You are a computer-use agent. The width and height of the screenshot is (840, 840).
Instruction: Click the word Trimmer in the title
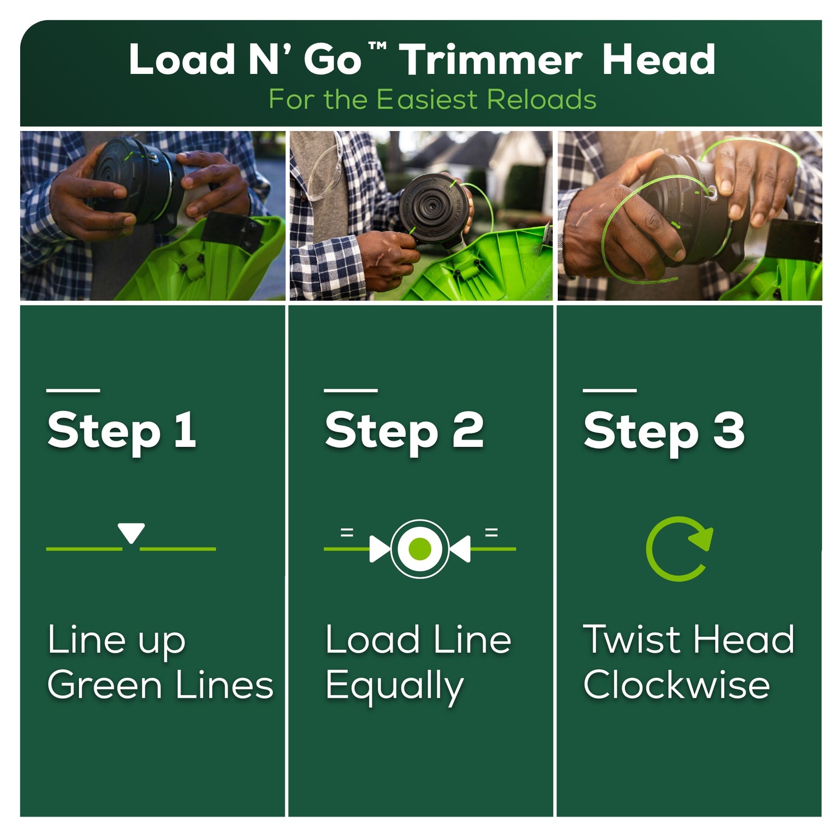(491, 59)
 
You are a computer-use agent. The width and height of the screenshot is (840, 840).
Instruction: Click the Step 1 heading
(122, 430)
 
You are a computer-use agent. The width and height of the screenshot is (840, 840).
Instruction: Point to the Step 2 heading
(404, 430)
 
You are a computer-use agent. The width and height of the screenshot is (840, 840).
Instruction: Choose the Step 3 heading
(664, 430)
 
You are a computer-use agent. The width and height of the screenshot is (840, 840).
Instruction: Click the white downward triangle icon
(131, 532)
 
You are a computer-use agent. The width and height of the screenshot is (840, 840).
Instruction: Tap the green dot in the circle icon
(420, 549)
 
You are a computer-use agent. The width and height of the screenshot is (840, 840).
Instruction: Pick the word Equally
(395, 687)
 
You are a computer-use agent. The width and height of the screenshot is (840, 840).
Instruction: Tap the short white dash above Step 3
(610, 390)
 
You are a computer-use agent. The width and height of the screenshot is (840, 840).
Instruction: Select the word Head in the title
(659, 59)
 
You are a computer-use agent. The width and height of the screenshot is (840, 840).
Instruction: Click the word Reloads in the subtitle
(542, 100)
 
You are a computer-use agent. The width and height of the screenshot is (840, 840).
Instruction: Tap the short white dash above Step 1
(73, 390)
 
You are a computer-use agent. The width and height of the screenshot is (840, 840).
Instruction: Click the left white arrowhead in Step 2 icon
(380, 549)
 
